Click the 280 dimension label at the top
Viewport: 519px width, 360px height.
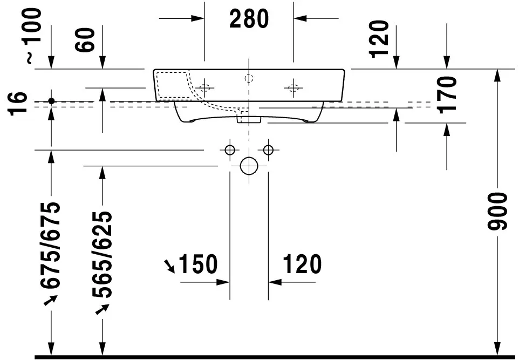(x=249, y=19)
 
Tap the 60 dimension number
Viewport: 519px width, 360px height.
(x=86, y=39)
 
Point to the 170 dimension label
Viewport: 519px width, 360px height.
(x=448, y=95)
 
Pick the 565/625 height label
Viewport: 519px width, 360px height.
(x=102, y=254)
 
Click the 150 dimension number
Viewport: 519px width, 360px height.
(x=197, y=264)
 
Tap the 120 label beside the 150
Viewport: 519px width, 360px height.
(x=301, y=264)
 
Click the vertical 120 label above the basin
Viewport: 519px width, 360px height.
(x=380, y=38)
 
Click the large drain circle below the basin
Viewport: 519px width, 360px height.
(x=249, y=166)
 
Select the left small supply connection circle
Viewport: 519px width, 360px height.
(x=230, y=150)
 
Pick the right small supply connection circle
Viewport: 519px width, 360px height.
(x=268, y=150)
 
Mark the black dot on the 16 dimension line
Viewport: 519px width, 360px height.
(x=51, y=101)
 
